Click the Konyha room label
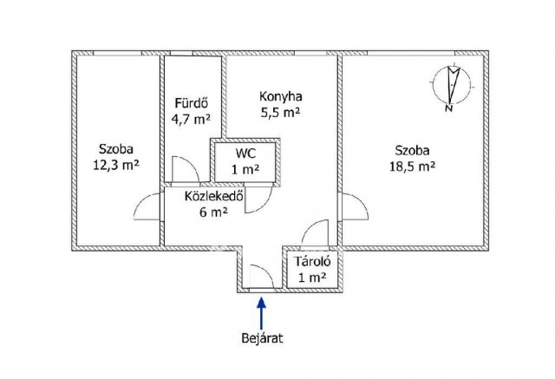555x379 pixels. [x=281, y=96]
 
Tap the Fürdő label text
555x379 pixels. [x=191, y=103]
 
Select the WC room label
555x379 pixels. [x=246, y=154]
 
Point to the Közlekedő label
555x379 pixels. [x=214, y=196]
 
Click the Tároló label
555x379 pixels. [x=313, y=262]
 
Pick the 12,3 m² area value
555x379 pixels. [x=115, y=165]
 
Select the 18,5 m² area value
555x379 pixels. [x=413, y=167]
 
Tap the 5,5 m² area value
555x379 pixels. [x=281, y=113]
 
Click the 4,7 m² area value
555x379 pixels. [x=191, y=120]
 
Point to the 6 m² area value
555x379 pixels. [x=213, y=212]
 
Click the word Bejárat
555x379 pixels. [x=262, y=338]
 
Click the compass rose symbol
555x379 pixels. [x=451, y=84]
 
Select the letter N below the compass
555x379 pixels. [x=449, y=108]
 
